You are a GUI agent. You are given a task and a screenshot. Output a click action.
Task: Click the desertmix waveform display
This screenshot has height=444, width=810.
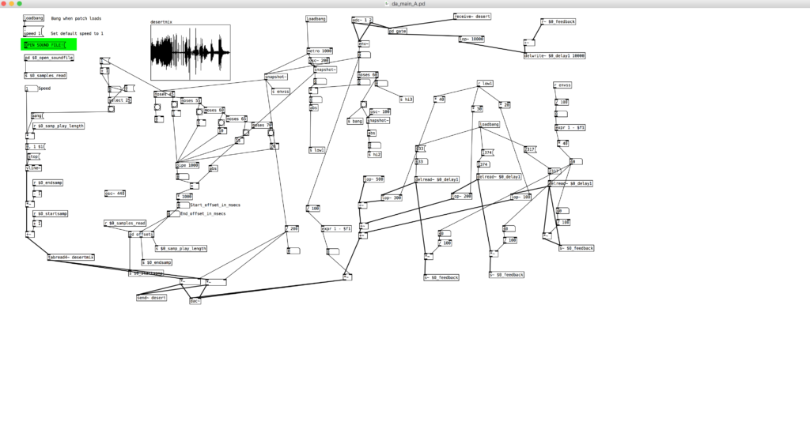[x=191, y=54]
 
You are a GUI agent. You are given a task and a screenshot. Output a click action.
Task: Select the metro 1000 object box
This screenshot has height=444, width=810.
[x=320, y=51]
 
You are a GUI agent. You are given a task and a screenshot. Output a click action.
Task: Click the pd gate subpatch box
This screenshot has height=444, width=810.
[x=398, y=31]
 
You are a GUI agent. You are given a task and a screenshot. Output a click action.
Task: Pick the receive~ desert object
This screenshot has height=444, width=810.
[x=472, y=17]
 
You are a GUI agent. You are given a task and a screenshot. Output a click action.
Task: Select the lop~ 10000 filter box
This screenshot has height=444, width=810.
[x=471, y=39]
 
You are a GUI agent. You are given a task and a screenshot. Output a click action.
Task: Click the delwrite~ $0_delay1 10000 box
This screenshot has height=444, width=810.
[x=555, y=56]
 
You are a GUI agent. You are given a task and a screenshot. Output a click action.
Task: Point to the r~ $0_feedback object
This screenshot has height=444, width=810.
[x=558, y=22]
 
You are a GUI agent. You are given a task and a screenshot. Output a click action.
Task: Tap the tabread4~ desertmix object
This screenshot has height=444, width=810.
[x=71, y=257]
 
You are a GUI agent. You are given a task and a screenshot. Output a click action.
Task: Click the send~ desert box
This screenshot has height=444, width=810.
[x=152, y=298]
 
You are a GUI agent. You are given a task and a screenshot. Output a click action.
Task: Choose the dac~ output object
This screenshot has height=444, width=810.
[x=195, y=300]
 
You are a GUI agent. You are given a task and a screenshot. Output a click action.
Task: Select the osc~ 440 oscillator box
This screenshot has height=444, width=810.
[x=115, y=193]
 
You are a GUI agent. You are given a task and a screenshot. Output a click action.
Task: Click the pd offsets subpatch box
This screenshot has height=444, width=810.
[x=142, y=235]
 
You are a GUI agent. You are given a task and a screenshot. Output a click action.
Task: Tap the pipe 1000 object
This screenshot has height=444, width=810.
[x=187, y=165]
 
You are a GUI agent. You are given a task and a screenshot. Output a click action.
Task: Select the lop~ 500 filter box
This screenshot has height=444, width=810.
[x=373, y=179]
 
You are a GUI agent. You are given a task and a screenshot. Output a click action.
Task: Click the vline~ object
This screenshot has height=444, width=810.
[x=33, y=167]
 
